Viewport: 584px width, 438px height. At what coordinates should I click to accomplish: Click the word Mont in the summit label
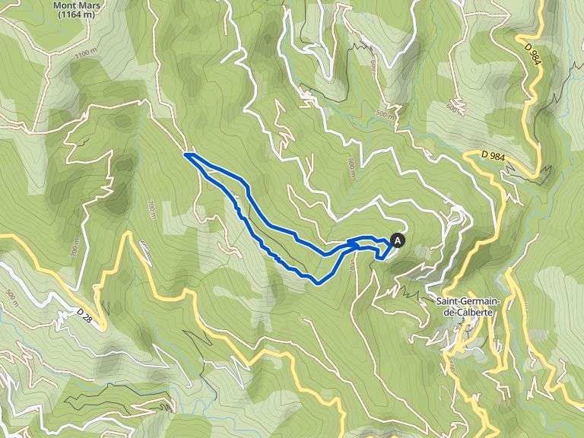pos(65,4)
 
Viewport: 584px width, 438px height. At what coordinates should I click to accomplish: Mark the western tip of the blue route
pos(186,155)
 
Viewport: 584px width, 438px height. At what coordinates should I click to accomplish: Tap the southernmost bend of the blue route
pos(317,282)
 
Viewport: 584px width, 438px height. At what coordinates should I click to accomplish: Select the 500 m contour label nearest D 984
pos(386,115)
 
